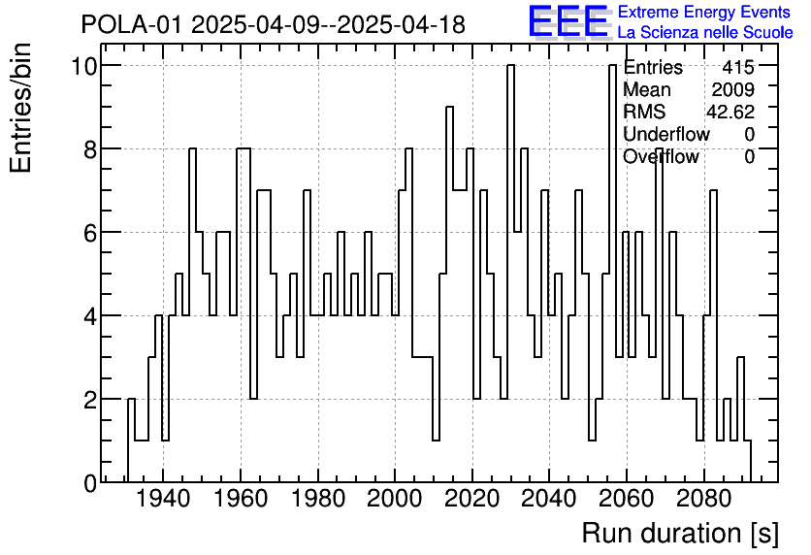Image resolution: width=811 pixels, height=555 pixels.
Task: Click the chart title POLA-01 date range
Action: tap(273, 24)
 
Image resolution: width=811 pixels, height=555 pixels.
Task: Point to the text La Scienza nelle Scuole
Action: tap(704, 33)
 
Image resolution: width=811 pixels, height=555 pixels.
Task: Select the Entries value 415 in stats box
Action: tap(738, 68)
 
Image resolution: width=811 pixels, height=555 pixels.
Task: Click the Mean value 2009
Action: tap(732, 90)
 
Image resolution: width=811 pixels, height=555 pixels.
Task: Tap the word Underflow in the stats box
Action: tap(666, 134)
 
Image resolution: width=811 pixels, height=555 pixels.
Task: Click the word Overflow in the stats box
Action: tap(661, 156)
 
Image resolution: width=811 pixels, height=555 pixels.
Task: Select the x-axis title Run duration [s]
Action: tap(679, 533)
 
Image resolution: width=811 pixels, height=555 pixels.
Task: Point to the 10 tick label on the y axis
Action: tap(82, 66)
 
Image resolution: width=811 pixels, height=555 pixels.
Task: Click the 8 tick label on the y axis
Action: tap(87, 149)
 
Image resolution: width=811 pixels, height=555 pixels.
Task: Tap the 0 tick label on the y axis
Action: tap(87, 483)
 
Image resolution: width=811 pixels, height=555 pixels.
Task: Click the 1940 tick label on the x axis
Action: tap(162, 503)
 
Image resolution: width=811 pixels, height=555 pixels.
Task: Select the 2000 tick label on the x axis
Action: tap(395, 503)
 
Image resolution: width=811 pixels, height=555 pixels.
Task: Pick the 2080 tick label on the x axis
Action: tap(704, 503)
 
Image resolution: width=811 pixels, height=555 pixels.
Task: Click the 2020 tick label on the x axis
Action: tap(472, 503)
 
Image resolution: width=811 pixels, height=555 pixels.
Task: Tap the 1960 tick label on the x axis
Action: tap(240, 503)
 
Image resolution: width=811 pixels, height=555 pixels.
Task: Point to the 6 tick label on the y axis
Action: tap(87, 233)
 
